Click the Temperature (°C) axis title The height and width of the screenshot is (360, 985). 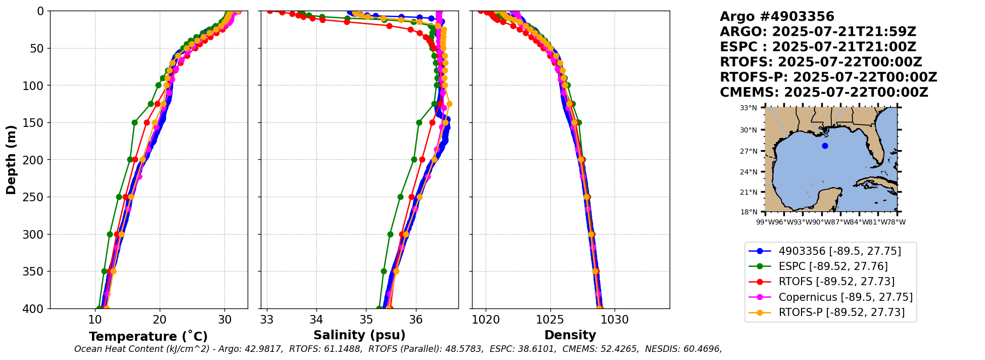click(x=148, y=337)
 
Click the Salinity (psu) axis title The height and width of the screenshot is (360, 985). click(x=359, y=335)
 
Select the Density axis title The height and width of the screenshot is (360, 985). click(x=570, y=335)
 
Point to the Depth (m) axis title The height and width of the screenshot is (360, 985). click(x=11, y=159)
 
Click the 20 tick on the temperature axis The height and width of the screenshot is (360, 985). click(x=160, y=320)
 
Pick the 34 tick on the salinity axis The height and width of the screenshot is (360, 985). click(x=316, y=320)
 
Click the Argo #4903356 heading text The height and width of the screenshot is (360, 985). click(x=777, y=17)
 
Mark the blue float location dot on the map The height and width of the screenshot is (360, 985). click(x=825, y=146)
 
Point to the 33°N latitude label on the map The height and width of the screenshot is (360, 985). click(x=748, y=108)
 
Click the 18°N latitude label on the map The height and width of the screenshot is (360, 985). click(x=748, y=212)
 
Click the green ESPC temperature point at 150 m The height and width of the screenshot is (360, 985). click(x=134, y=122)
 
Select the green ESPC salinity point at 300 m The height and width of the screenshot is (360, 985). click(x=390, y=234)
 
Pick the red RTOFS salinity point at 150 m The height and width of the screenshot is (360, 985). click(x=432, y=122)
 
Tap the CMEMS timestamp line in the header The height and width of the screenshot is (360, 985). click(x=824, y=93)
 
